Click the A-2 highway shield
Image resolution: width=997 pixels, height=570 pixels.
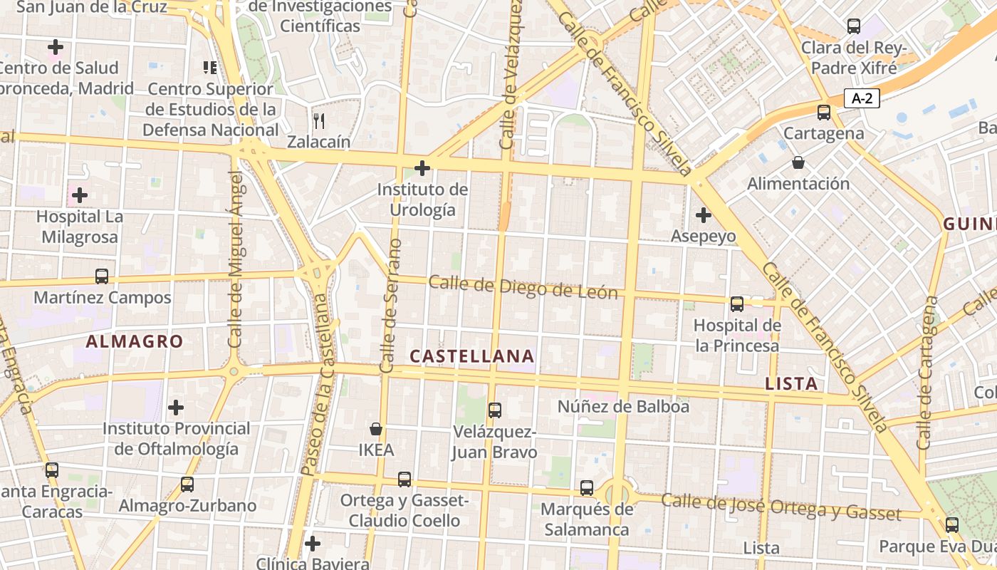click(x=862, y=98)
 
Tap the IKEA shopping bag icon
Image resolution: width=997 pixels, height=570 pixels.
click(x=376, y=429)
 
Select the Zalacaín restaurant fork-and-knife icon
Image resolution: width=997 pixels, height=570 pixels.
click(x=319, y=120)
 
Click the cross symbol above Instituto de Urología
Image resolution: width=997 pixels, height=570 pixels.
click(x=422, y=168)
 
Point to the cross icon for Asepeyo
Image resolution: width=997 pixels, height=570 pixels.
click(x=704, y=214)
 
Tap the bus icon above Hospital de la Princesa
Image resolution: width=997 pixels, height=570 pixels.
click(x=737, y=304)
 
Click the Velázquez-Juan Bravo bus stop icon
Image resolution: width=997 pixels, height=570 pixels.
click(x=495, y=410)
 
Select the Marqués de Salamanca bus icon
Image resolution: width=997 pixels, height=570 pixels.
click(x=587, y=488)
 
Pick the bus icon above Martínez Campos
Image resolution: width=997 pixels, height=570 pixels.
click(x=102, y=276)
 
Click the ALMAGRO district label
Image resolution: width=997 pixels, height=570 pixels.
click(x=135, y=341)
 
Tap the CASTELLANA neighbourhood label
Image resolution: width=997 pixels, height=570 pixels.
click(x=472, y=356)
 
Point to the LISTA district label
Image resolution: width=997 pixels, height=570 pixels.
click(x=791, y=383)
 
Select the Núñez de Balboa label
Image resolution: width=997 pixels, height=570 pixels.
click(x=623, y=407)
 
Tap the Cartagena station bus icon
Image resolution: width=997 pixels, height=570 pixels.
click(x=824, y=112)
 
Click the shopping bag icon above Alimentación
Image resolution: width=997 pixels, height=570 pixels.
click(x=798, y=162)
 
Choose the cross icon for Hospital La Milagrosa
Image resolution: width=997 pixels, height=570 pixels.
click(x=80, y=195)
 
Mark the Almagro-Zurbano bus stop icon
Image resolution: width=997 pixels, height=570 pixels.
click(x=187, y=484)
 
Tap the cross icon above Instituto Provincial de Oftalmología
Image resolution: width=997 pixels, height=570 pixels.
click(x=176, y=408)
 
